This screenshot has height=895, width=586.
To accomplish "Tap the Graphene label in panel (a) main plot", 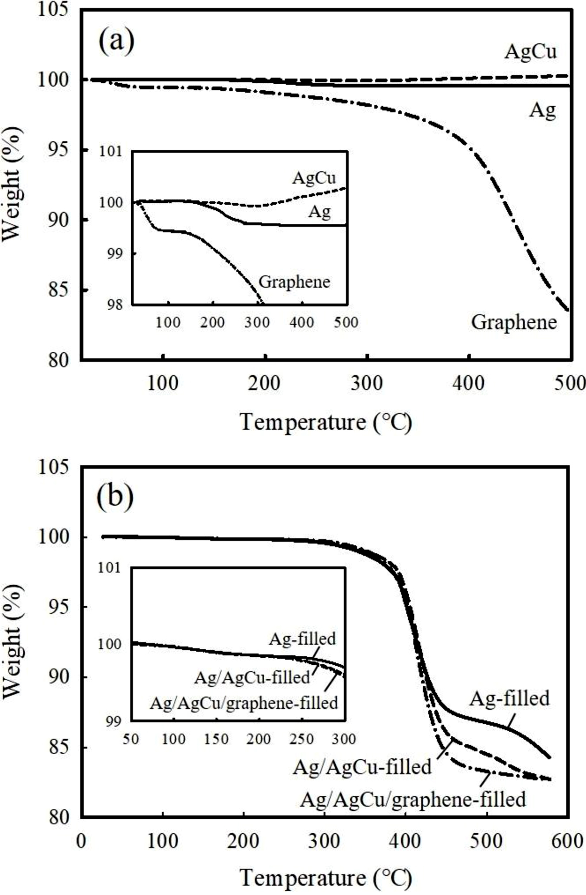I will [514, 322].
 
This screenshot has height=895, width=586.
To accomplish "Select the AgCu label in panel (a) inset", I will [314, 178].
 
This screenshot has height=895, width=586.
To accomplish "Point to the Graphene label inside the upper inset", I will [294, 281].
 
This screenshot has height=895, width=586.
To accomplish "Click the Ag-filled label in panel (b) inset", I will [302, 638].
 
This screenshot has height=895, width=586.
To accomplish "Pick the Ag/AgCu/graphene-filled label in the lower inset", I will [244, 702].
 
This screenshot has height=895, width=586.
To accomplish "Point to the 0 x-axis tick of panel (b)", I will [82, 841].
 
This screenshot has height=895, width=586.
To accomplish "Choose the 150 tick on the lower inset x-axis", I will [216, 739].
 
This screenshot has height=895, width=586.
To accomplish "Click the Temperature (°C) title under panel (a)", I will [326, 422].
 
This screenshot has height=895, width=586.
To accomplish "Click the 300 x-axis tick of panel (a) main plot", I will [367, 384].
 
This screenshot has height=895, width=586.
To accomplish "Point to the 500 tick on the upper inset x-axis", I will [346, 322].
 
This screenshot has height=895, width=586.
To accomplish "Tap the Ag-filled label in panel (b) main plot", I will [509, 698].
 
